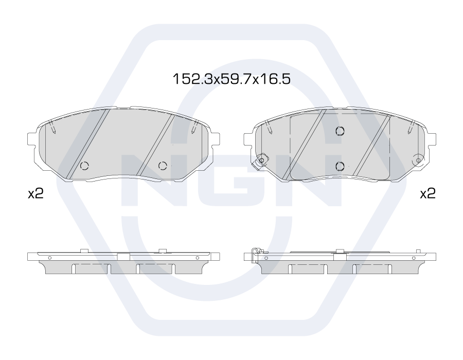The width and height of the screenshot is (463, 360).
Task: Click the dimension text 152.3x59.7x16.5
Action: point(232,79)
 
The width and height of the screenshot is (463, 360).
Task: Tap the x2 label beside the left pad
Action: point(35,193)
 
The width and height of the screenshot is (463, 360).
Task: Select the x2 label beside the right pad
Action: point(428,193)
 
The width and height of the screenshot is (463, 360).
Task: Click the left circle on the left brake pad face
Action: point(85,166)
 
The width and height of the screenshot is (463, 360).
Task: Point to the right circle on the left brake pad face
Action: point(163,166)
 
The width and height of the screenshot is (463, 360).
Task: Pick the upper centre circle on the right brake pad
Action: point(340,131)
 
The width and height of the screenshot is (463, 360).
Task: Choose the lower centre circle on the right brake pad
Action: point(340,166)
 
